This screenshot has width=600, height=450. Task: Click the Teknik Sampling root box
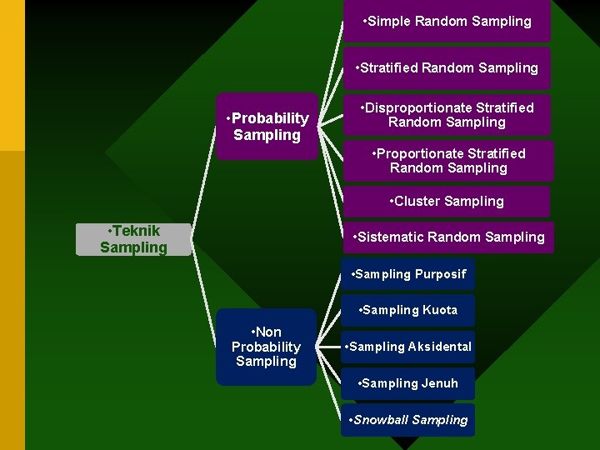[133, 239]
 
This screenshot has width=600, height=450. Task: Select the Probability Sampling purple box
[267, 126]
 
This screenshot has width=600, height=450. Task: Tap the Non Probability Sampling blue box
[266, 347]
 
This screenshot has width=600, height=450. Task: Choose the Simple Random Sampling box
[447, 22]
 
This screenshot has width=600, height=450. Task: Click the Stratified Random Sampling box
[447, 68]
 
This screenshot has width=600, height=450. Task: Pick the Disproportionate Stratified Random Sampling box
[447, 115]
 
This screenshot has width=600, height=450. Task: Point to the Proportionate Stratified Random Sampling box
[448, 161]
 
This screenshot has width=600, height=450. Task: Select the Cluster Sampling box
[447, 202]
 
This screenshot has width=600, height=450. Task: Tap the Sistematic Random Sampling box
[448, 237]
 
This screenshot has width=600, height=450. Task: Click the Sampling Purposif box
[408, 274]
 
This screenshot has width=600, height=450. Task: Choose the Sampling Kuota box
[408, 310]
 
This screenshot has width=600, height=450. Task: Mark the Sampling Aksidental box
[408, 347]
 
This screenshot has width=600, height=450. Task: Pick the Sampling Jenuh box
[408, 383]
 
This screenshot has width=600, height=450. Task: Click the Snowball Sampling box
[408, 420]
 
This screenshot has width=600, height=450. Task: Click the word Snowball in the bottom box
[381, 420]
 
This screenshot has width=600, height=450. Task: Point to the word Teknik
[137, 231]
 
